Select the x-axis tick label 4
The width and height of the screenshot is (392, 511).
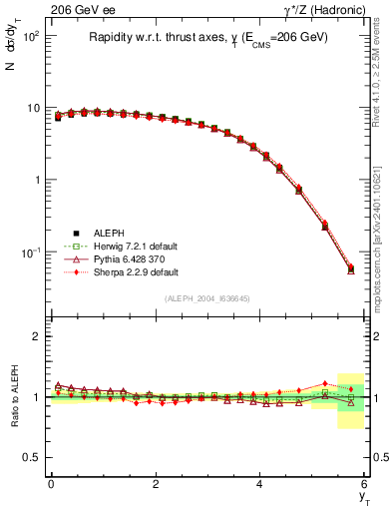tap(259, 484)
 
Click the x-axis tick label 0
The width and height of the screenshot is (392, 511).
tap(51, 484)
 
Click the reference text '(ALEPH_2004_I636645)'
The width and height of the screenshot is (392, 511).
tap(207, 300)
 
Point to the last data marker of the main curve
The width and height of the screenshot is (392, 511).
tap(350, 268)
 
